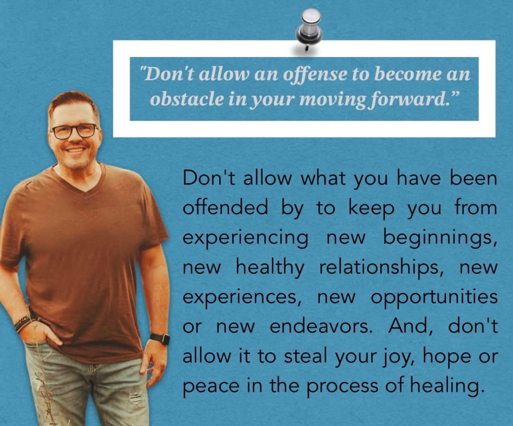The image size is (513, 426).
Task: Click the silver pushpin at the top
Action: click(x=309, y=29)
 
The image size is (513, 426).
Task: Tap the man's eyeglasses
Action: click(x=75, y=131)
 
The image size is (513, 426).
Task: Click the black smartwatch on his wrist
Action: click(x=160, y=338)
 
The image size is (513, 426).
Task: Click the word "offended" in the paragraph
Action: click(x=225, y=207)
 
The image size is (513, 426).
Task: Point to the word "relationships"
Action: click(x=380, y=267)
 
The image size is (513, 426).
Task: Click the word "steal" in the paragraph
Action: click(x=306, y=356)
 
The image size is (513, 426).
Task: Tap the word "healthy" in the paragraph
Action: click(x=270, y=267)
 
